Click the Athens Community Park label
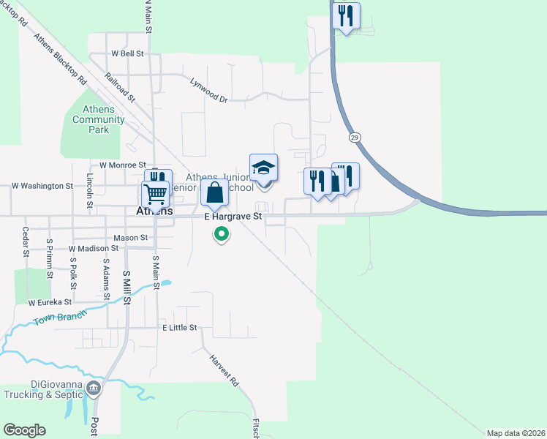[99, 120]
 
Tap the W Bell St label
[127, 53]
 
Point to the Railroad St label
[120, 85]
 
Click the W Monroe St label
[123, 165]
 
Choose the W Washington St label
[42, 186]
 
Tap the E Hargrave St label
[233, 217]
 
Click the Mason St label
[131, 238]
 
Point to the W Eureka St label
[50, 301]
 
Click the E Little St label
[180, 328]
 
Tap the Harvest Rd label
[224, 371]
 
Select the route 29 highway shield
[355, 137]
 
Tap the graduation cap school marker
[263, 169]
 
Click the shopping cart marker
[155, 195]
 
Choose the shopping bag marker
[214, 194]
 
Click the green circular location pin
[221, 234]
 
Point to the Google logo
[24, 430]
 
